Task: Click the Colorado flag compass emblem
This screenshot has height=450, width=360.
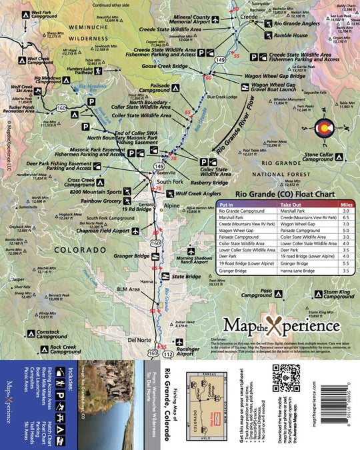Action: pos(321,128)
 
